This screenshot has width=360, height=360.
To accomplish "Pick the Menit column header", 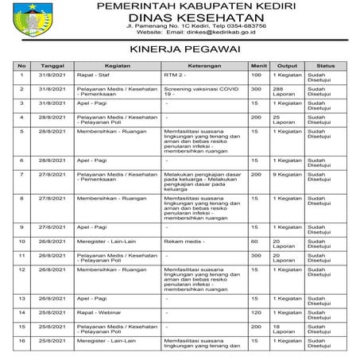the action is tap(257, 65).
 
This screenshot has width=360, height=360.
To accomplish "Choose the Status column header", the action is tap(326, 65).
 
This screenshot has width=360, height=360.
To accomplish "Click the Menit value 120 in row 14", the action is tap(256, 312).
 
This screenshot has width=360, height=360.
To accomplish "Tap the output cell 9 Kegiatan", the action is tap(287, 174).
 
